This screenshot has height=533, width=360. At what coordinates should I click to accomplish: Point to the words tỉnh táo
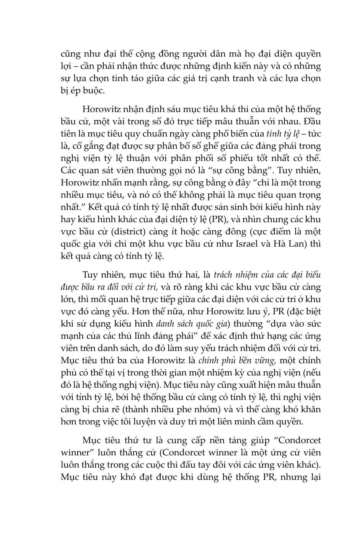click(x=126, y=78)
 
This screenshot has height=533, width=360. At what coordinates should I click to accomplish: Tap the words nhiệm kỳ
click(x=225, y=372)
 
